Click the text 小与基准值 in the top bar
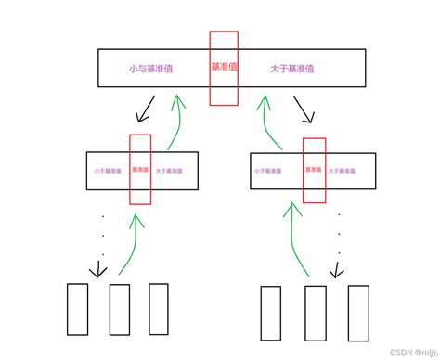click(x=151, y=69)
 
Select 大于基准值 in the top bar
click(x=291, y=69)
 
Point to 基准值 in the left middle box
click(x=139, y=170)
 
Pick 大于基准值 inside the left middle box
click(x=170, y=171)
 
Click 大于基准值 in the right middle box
click(x=345, y=171)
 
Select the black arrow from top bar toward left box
click(x=146, y=113)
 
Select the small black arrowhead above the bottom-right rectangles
click(x=337, y=270)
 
